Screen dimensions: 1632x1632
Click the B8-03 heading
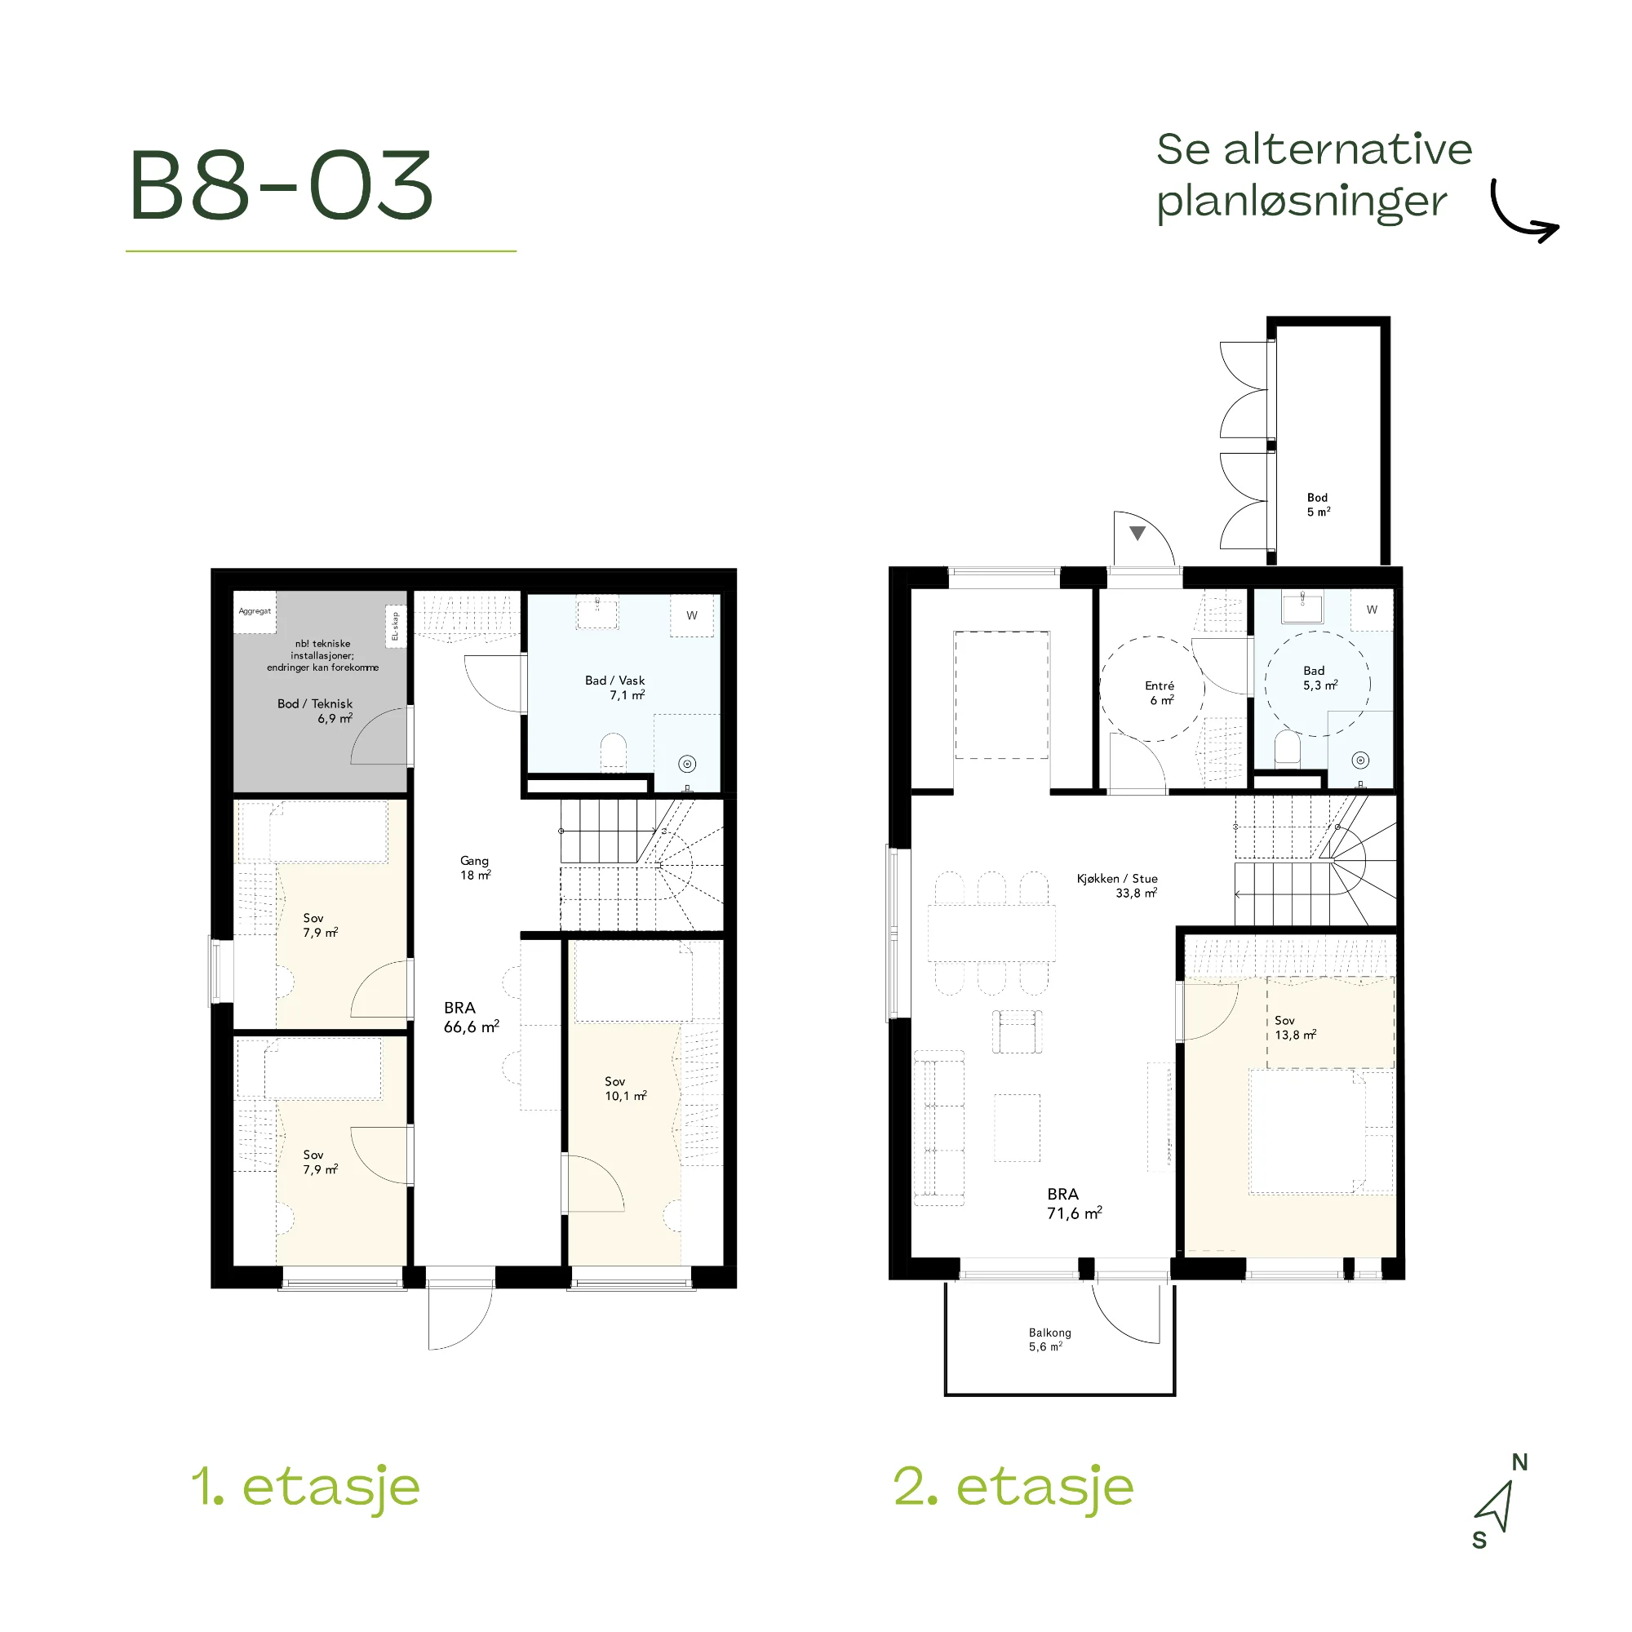pyautogui.click(x=282, y=186)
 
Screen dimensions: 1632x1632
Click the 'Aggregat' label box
pyautogui.click(x=255, y=610)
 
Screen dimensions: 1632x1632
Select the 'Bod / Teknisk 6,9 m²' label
pyautogui.click(x=315, y=711)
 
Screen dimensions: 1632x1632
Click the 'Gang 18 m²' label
pyautogui.click(x=475, y=867)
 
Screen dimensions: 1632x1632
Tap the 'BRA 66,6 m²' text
pyautogui.click(x=472, y=1017)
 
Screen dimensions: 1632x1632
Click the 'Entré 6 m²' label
pyautogui.click(x=1160, y=693)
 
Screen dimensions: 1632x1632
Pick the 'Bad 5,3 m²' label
pyautogui.click(x=1319, y=677)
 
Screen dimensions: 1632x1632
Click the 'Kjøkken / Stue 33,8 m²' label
pyautogui.click(x=1117, y=885)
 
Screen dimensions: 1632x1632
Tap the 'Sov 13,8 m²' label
pyautogui.click(x=1296, y=1027)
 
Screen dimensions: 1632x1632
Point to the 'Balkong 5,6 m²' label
pyautogui.click(x=1049, y=1339)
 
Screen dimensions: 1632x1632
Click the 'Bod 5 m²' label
pyautogui.click(x=1318, y=504)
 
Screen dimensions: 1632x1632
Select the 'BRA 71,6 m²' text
pyautogui.click(x=1075, y=1203)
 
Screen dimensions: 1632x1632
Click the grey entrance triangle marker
pyautogui.click(x=1137, y=533)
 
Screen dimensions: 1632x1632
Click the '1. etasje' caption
pyautogui.click(x=306, y=1487)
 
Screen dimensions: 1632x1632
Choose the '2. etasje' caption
pyautogui.click(x=1013, y=1487)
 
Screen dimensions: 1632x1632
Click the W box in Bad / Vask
pyautogui.click(x=692, y=615)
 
